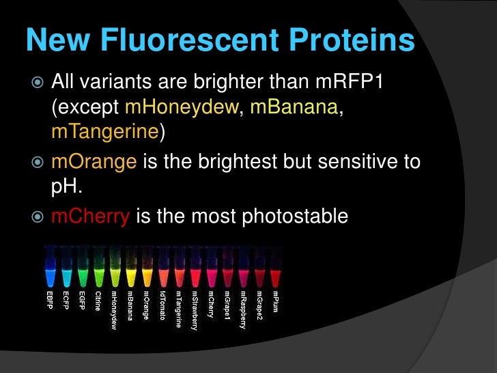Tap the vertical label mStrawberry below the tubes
coord(195,312)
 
